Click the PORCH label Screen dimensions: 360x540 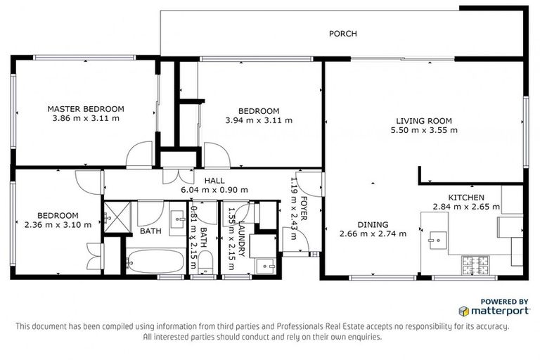tap(344, 34)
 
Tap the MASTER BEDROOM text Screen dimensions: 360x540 tap(86, 109)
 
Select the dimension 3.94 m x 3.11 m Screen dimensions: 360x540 tap(258, 120)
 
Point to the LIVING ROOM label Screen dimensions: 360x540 tap(423, 120)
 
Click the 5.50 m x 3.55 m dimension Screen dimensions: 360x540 tap(423, 130)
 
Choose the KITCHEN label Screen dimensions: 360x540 tap(465, 197)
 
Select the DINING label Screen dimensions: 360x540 tap(373, 224)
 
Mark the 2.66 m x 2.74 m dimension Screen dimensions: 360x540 tap(373, 234)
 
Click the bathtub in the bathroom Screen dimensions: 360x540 tap(155, 262)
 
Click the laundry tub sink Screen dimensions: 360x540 tap(265, 266)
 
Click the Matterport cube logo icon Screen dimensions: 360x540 tap(463, 310)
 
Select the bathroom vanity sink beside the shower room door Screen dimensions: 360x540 tap(176, 215)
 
